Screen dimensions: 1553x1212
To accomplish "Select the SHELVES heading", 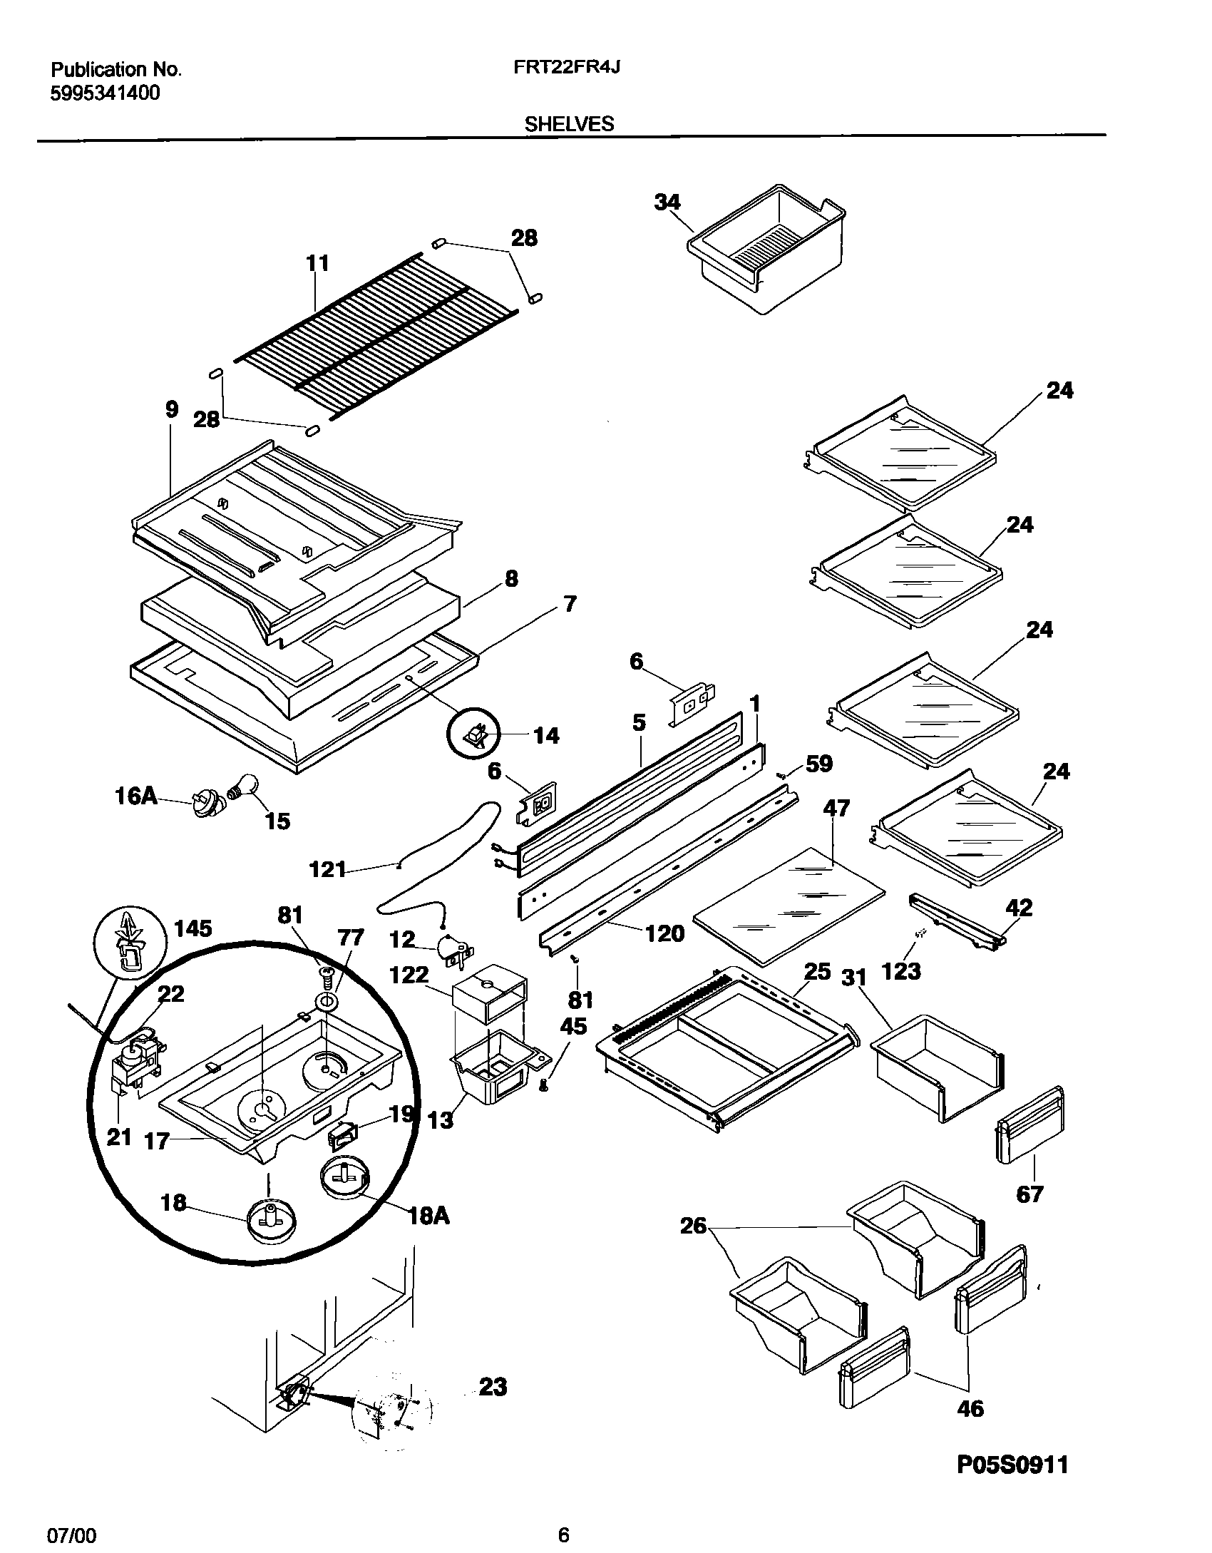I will [x=569, y=124].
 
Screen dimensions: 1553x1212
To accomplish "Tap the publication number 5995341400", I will [x=106, y=93].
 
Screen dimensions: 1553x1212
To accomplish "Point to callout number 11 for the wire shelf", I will [x=317, y=263].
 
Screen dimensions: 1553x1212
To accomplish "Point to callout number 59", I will [x=819, y=764].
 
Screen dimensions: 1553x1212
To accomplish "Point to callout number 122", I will [x=409, y=974].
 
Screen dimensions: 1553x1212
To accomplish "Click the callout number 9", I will [x=171, y=409].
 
